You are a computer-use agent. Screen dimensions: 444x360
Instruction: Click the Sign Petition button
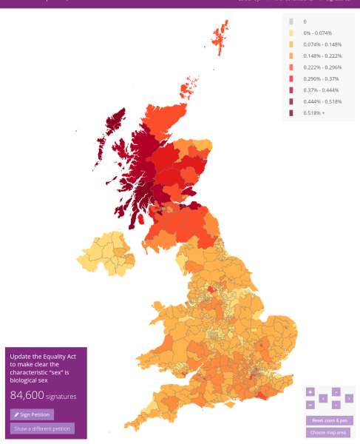(32, 414)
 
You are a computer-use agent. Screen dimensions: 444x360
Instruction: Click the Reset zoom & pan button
(328, 420)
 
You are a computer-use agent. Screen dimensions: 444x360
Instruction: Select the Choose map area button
(328, 432)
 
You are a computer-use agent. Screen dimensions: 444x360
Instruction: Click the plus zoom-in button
(310, 392)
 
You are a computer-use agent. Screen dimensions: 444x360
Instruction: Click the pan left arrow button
(323, 398)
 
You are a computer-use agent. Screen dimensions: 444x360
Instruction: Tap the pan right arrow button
(348, 398)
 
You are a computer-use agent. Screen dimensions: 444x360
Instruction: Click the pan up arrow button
(336, 391)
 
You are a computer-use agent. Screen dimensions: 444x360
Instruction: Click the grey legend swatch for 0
(291, 22)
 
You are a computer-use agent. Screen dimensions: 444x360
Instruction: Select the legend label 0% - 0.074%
(319, 33)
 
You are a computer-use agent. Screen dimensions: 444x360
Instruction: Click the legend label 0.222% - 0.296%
(322, 67)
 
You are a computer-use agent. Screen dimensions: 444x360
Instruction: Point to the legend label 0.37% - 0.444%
(322, 90)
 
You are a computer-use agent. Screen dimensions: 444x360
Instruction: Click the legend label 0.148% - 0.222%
(322, 56)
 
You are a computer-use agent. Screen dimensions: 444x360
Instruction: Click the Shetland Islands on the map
(221, 37)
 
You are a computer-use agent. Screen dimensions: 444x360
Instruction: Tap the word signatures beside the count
(61, 397)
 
